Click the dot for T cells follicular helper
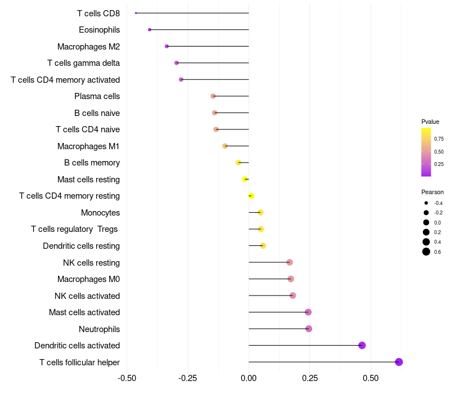pyautogui.click(x=399, y=362)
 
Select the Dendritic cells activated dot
pyautogui.click(x=362, y=345)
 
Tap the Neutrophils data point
pyautogui.click(x=308, y=329)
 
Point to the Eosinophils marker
pyautogui.click(x=149, y=29)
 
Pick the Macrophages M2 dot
pyautogui.click(x=166, y=46)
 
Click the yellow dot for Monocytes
pyautogui.click(x=260, y=212)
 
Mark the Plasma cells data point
pyautogui.click(x=213, y=96)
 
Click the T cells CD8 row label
pyautogui.click(x=98, y=13)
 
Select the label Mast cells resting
pyautogui.click(x=88, y=180)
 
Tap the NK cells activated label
pyautogui.click(x=87, y=295)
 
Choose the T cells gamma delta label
pyautogui.click(x=83, y=63)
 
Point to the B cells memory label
pyautogui.click(x=92, y=163)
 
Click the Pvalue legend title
pyautogui.click(x=430, y=122)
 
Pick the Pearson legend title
pyautogui.click(x=433, y=192)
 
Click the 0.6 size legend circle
pyautogui.click(x=426, y=252)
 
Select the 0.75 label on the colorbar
pyautogui.click(x=439, y=138)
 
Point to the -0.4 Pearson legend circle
pyautogui.click(x=426, y=203)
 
